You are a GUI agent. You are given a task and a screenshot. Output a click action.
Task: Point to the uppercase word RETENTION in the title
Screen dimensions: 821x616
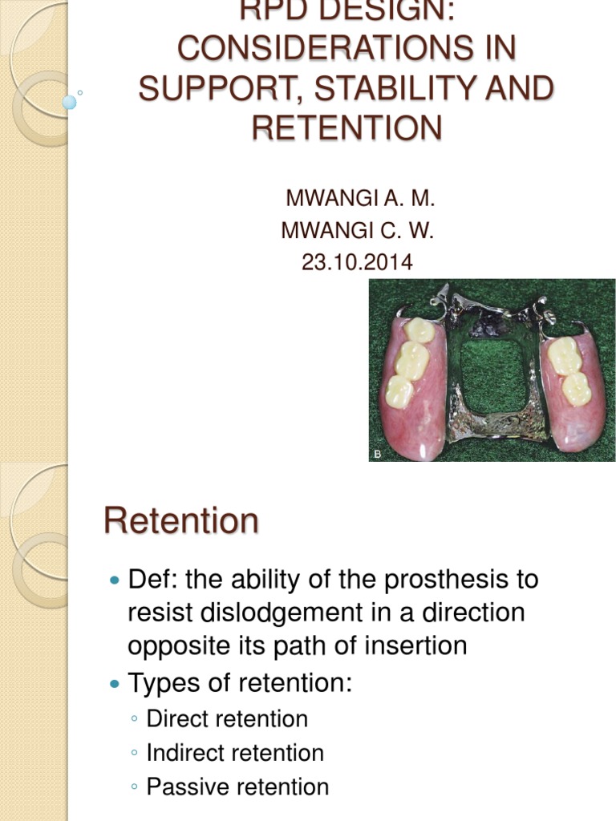click(346, 127)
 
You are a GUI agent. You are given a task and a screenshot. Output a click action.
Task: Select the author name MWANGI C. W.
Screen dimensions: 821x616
click(357, 231)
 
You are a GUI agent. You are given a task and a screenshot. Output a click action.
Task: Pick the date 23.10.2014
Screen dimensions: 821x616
click(357, 261)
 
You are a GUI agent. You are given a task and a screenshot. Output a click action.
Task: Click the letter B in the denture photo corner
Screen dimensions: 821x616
click(377, 455)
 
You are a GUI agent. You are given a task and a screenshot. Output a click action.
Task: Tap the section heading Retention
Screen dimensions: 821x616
click(181, 521)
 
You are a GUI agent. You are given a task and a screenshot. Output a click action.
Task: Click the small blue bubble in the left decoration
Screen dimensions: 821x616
click(70, 102)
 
